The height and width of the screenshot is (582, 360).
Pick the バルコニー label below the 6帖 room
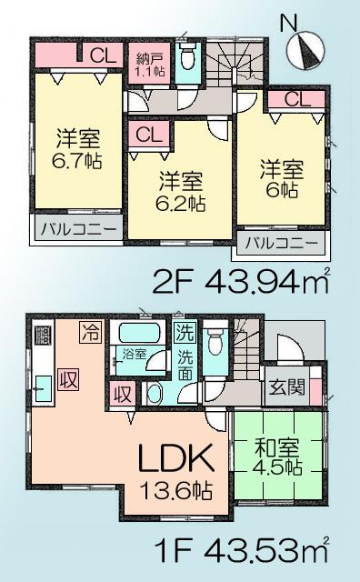click(x=281, y=244)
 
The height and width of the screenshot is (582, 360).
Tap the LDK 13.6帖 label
click(x=176, y=467)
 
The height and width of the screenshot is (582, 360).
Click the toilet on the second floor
click(x=187, y=57)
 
